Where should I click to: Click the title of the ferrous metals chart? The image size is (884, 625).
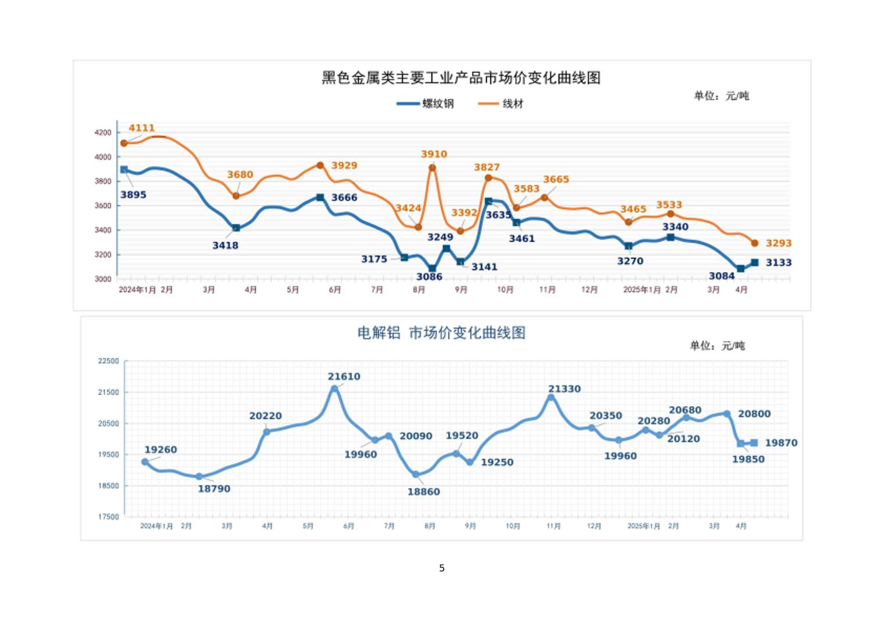pyautogui.click(x=461, y=78)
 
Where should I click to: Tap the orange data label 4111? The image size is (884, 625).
pyautogui.click(x=141, y=128)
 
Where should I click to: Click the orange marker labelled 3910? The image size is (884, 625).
pyautogui.click(x=432, y=168)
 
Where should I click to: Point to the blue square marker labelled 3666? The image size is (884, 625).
pyautogui.click(x=320, y=198)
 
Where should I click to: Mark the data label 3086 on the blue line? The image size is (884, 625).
pyautogui.click(x=429, y=277)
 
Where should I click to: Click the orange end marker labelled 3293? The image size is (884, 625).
pyautogui.click(x=755, y=243)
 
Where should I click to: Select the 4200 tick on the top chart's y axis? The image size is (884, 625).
pyautogui.click(x=102, y=133)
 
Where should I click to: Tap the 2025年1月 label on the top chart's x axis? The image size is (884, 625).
pyautogui.click(x=641, y=290)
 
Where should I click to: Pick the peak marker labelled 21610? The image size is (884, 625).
pyautogui.click(x=334, y=388)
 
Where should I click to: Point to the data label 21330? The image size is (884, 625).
pyautogui.click(x=564, y=389)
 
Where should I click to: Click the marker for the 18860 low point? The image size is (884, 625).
pyautogui.click(x=416, y=475)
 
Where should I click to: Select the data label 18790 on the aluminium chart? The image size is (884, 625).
pyautogui.click(x=214, y=489)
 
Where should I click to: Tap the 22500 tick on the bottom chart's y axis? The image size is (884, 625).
pyautogui.click(x=108, y=361)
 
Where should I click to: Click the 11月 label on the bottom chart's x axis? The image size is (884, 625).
pyautogui.click(x=553, y=526)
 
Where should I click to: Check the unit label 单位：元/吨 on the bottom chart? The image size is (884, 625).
pyautogui.click(x=717, y=346)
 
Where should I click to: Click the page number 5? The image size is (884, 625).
pyautogui.click(x=442, y=568)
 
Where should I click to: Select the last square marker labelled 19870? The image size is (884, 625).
pyautogui.click(x=754, y=443)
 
